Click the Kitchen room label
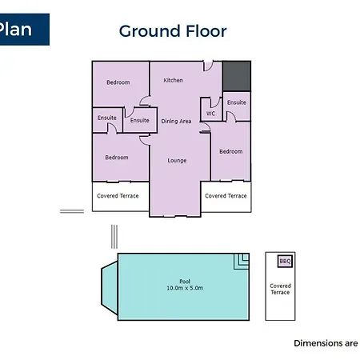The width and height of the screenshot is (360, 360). tap(173, 80)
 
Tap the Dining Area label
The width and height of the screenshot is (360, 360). tap(176, 121)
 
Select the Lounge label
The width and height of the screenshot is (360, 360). tap(177, 161)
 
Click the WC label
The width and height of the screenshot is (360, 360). tap(210, 114)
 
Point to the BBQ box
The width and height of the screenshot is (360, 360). tap(285, 261)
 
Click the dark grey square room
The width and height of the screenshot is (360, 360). tap(237, 76)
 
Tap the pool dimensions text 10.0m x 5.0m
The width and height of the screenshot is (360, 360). tap(185, 288)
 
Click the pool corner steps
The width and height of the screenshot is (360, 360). tap(242, 262)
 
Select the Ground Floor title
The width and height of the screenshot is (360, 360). tap(173, 31)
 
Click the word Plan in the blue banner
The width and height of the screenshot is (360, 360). tap(15, 29)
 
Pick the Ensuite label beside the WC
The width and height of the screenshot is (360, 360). tap(237, 102)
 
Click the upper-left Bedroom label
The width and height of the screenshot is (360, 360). tap(118, 82)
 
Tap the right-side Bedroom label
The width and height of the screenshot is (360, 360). tap(231, 151)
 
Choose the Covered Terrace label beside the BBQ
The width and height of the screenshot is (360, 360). tap(280, 289)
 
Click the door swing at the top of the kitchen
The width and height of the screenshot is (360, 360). tap(208, 66)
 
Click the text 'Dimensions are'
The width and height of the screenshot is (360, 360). tap(326, 343)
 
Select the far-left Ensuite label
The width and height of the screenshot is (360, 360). tap(107, 118)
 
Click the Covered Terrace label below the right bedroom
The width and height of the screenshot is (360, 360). tap(226, 196)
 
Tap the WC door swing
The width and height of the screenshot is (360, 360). tap(216, 102)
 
